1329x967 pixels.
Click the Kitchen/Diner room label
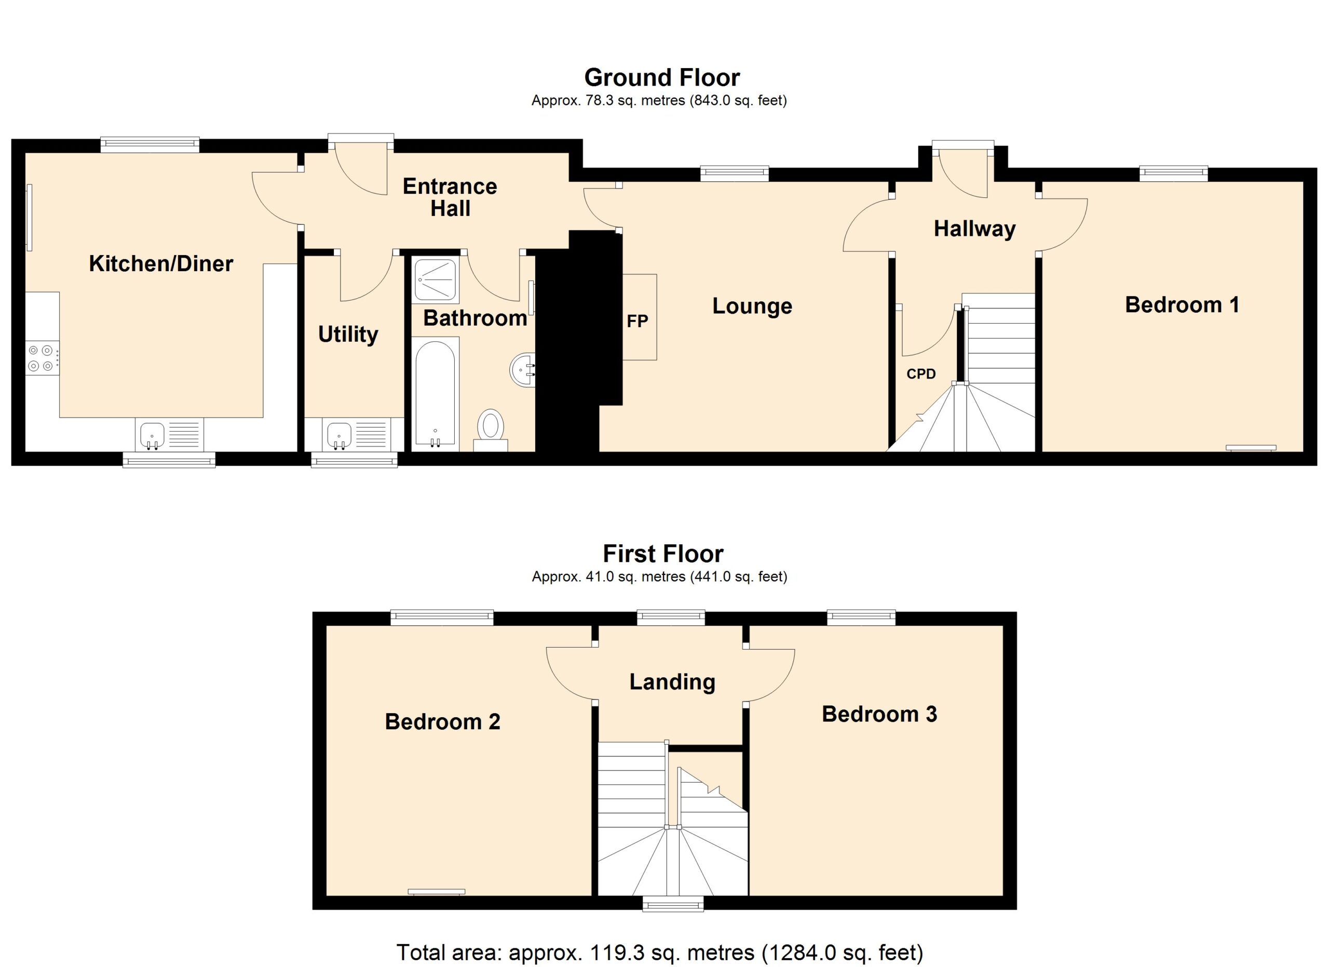(x=161, y=264)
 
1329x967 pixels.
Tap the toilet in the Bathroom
(x=491, y=429)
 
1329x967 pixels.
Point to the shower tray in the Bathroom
(x=435, y=279)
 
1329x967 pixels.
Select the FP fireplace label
(x=638, y=321)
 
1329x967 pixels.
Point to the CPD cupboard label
(x=921, y=374)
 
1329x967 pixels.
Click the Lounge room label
(x=752, y=306)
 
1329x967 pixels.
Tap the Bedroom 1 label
(x=1182, y=305)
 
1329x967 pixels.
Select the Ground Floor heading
(x=662, y=77)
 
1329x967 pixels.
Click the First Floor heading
(x=663, y=554)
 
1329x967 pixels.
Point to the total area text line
(x=660, y=953)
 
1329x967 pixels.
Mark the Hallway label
(x=974, y=229)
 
